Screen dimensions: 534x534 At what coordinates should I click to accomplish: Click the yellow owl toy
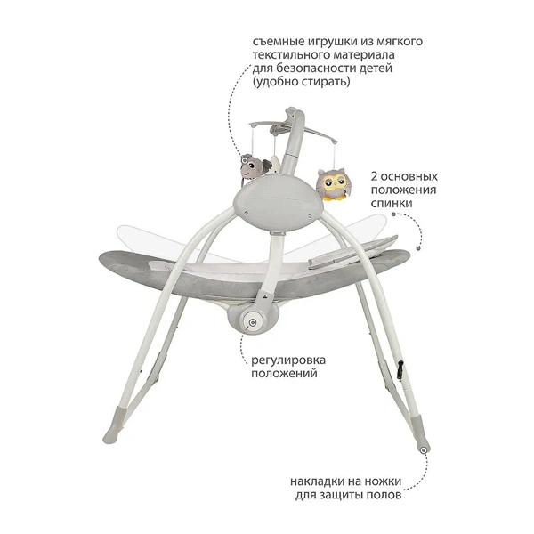pyautogui.click(x=332, y=184)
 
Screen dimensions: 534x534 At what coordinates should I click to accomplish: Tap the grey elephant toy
pyautogui.click(x=255, y=166)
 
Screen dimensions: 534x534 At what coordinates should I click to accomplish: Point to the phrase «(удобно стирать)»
pyautogui.click(x=301, y=82)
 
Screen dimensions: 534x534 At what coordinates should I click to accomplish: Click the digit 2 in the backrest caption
pyautogui.click(x=375, y=176)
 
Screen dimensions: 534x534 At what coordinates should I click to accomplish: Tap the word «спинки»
pyautogui.click(x=392, y=203)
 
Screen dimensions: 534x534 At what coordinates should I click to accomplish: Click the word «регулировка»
pyautogui.click(x=288, y=360)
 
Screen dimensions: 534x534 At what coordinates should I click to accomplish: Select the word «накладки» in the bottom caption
pyautogui.click(x=318, y=481)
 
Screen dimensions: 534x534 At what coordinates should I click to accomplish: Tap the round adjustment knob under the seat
pyautogui.click(x=252, y=321)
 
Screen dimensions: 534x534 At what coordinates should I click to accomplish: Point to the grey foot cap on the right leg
pyautogui.click(x=420, y=434)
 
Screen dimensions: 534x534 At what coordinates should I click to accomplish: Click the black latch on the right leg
pyautogui.click(x=400, y=369)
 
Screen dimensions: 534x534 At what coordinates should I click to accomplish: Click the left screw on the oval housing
pyautogui.click(x=246, y=212)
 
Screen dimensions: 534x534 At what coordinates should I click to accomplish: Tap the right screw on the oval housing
pyautogui.click(x=310, y=216)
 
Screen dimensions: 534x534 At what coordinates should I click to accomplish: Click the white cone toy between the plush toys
pyautogui.click(x=274, y=165)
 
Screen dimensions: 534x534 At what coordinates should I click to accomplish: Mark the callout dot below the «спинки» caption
pyautogui.click(x=418, y=248)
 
